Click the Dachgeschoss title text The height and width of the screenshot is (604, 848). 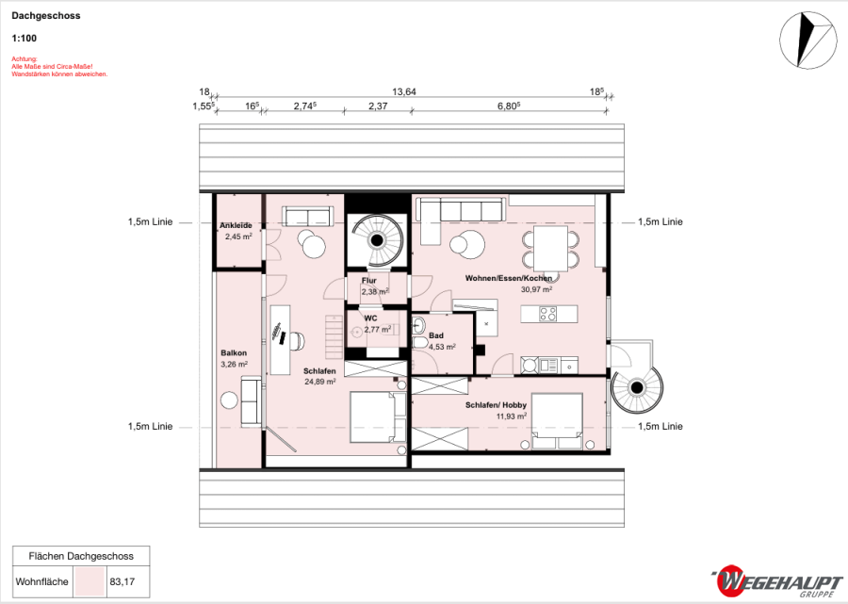pyautogui.click(x=46, y=16)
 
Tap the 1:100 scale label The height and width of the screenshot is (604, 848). pyautogui.click(x=24, y=39)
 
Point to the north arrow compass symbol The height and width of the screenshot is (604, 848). pyautogui.click(x=808, y=41)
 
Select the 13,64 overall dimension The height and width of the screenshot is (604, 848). pyautogui.click(x=404, y=92)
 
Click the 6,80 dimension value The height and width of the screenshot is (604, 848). pyautogui.click(x=509, y=106)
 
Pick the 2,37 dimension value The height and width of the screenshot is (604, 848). pyautogui.click(x=378, y=106)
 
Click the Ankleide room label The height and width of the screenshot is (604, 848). pyautogui.click(x=236, y=225)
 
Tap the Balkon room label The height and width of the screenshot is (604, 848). pyautogui.click(x=234, y=353)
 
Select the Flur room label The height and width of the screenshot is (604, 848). pyautogui.click(x=368, y=281)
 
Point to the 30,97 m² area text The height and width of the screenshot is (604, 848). pyautogui.click(x=536, y=289)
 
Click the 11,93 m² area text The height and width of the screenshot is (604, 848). pyautogui.click(x=511, y=416)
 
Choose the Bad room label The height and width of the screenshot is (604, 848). pyautogui.click(x=436, y=335)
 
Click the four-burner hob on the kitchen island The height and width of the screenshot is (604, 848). pyautogui.click(x=547, y=314)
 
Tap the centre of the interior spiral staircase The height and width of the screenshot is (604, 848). pyautogui.click(x=377, y=240)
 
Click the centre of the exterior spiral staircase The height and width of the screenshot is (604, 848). pyautogui.click(x=637, y=387)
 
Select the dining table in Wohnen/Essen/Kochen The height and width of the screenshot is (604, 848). pyautogui.click(x=550, y=249)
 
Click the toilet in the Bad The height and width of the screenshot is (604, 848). pyautogui.click(x=419, y=343)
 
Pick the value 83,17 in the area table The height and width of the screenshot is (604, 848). pyautogui.click(x=122, y=581)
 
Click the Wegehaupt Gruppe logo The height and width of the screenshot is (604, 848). pyautogui.click(x=776, y=581)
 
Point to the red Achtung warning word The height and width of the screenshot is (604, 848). pyautogui.click(x=24, y=59)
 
